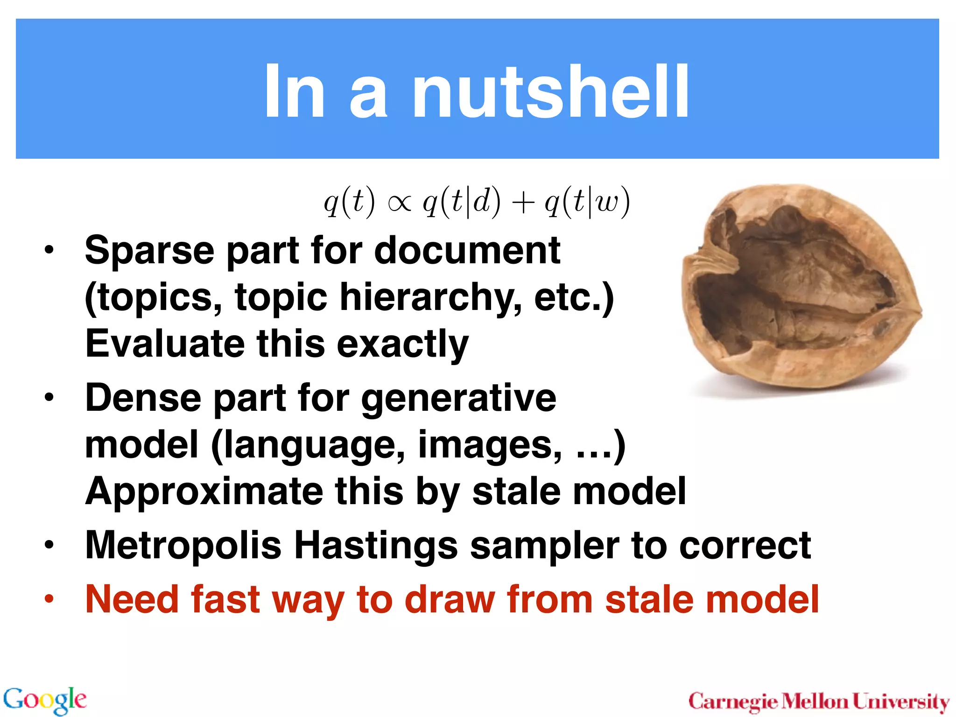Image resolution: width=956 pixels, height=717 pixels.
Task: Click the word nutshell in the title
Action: pos(551,91)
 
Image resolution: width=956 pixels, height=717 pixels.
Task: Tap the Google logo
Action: pos(45,700)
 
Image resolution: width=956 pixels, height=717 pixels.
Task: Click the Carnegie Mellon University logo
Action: pos(819,702)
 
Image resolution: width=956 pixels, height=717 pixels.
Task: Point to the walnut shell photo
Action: pos(801,289)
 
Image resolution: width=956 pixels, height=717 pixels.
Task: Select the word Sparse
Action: pos(149,251)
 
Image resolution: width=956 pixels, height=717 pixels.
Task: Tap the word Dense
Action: pos(143,398)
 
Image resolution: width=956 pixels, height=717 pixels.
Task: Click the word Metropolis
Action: pos(183,546)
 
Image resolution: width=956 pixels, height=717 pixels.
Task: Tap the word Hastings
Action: pos(376,546)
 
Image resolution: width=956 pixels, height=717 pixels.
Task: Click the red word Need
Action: pos(132,599)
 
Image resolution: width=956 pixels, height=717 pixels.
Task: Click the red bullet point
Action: pos(49,599)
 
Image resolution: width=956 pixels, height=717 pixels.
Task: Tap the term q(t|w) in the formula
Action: pos(587,203)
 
